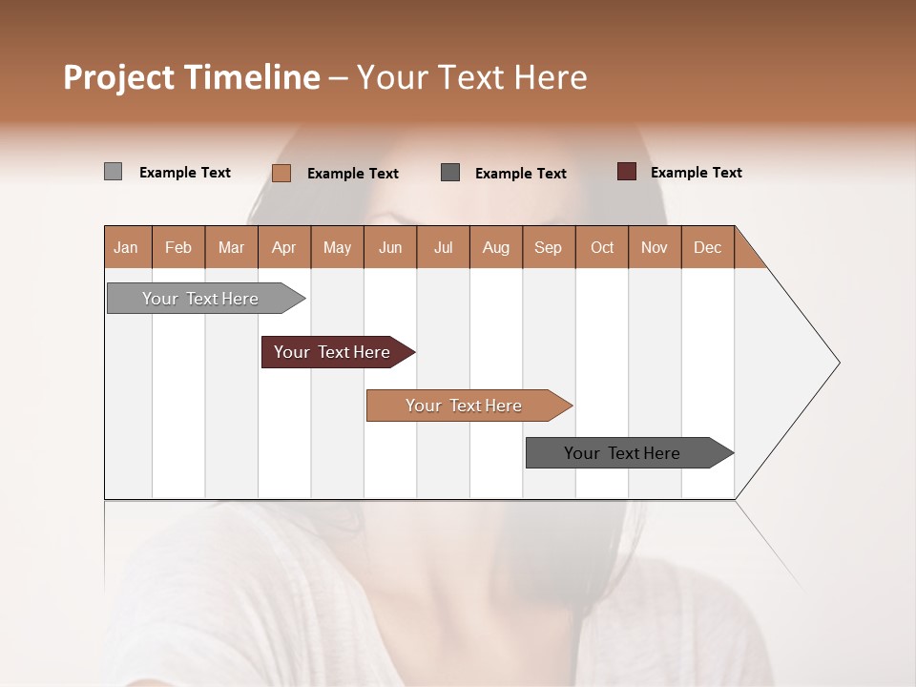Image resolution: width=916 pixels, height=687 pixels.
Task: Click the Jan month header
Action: tap(126, 247)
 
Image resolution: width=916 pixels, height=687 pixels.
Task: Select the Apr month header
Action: tap(284, 247)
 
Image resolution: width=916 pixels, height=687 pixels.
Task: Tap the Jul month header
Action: tap(443, 247)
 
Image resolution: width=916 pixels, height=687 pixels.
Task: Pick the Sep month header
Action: tap(548, 247)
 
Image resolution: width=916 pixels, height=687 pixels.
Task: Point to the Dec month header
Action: tap(707, 247)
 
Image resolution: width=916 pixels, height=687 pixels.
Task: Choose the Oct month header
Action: tap(602, 247)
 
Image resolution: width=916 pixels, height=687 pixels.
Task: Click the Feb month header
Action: tap(178, 247)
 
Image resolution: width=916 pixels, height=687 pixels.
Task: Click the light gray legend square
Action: tap(113, 172)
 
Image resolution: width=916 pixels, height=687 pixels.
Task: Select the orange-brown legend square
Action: tap(281, 173)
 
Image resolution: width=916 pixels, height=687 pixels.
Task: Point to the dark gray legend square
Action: tap(450, 172)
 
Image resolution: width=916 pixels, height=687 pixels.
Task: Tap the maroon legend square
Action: tap(626, 172)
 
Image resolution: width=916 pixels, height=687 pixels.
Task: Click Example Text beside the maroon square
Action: tap(696, 173)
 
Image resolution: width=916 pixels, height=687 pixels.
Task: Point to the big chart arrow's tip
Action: tap(836, 363)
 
